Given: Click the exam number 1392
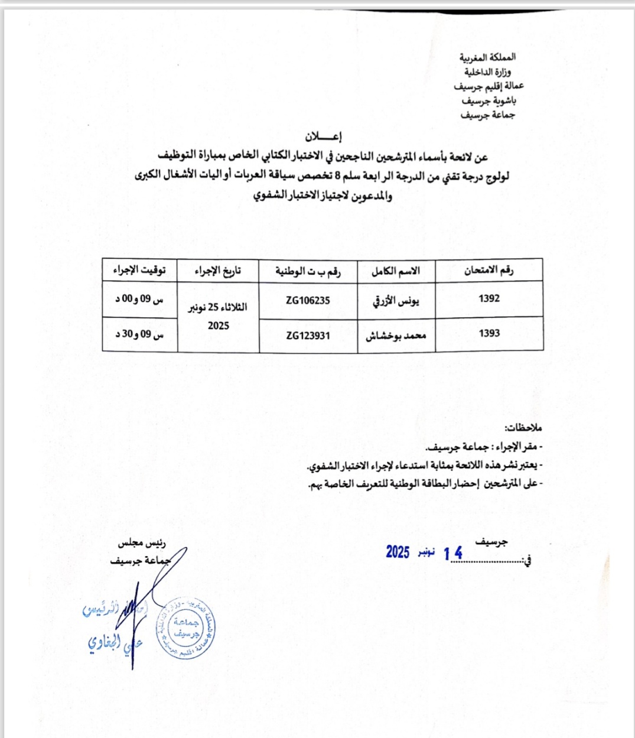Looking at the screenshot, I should point(489,299).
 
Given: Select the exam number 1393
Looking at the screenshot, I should point(489,334).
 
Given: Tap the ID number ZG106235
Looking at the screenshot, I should point(308,300).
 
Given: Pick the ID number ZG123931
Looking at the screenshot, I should point(308,336).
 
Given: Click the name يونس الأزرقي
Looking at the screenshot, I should point(396,301).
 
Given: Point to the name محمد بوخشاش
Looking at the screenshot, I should point(397,335).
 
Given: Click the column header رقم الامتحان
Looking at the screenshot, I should point(489,271).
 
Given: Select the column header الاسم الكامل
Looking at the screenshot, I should point(396,271).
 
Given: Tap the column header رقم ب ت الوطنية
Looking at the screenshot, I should point(308,271).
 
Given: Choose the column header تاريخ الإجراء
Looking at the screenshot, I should point(218,271).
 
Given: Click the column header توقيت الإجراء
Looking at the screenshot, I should point(139,271).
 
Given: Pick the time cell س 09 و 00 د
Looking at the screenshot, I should point(139,300).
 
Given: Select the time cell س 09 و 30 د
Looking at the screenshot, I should point(139,334).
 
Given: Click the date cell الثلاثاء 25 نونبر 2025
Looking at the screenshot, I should point(218,316).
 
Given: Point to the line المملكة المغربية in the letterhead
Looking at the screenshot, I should point(487,57).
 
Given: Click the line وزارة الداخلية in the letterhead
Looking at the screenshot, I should point(490,72).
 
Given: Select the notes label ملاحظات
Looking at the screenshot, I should point(523,427).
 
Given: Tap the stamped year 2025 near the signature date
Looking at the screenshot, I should point(398,552).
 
